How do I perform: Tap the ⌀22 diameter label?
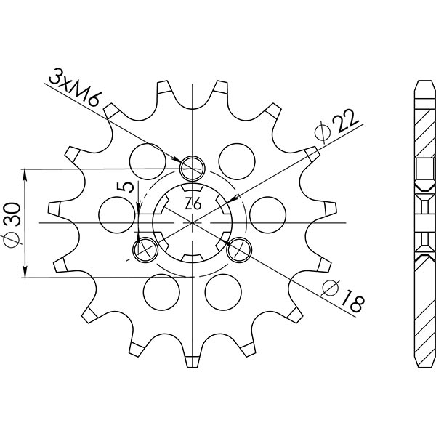point(336,124)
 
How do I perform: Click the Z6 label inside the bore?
point(193,204)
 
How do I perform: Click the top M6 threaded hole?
point(193,168)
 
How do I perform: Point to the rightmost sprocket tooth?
point(330,209)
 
